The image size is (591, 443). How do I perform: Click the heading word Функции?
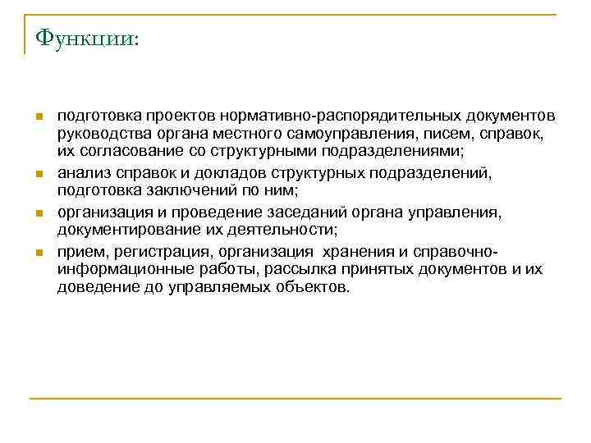click(85, 39)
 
